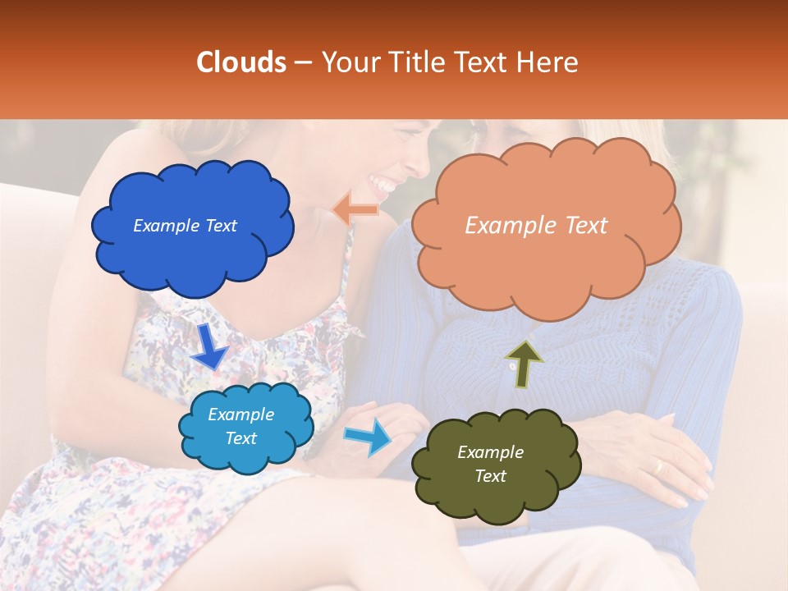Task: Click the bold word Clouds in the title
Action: coord(241,62)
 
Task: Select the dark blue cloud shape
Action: coord(193,226)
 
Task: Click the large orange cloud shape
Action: coord(545,226)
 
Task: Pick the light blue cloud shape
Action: coord(245,427)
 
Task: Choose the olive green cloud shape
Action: coord(496,465)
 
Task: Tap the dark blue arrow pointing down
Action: coord(208,346)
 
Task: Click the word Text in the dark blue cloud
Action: coord(221,226)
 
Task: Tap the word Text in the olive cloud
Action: coord(490,476)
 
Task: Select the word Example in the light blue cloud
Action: coord(241,415)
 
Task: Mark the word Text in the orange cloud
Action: coord(585,226)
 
